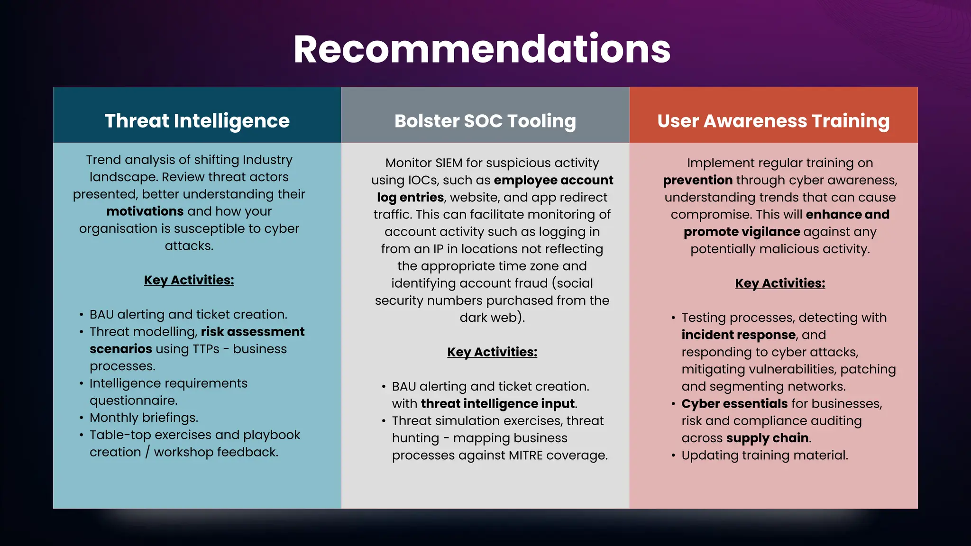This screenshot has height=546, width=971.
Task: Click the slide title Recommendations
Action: (x=482, y=49)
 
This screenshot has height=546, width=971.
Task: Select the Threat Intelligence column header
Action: (x=197, y=121)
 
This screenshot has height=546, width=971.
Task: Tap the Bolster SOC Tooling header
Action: (x=485, y=121)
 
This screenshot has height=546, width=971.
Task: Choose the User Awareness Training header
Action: (x=773, y=121)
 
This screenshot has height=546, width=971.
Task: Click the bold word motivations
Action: (x=145, y=211)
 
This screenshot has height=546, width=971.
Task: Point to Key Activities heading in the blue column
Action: (x=189, y=280)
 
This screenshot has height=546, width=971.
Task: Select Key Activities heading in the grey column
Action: (x=492, y=352)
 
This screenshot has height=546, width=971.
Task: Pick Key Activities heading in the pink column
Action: (x=780, y=283)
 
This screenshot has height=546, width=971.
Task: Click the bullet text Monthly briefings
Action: (x=144, y=418)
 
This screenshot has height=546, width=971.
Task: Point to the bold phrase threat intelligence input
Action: (x=497, y=404)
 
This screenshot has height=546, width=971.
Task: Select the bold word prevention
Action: (x=697, y=181)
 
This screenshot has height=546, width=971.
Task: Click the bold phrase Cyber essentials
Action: (x=734, y=404)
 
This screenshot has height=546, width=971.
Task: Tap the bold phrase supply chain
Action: (x=767, y=438)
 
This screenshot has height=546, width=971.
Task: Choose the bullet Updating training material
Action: (x=764, y=455)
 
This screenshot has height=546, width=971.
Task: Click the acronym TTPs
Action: (x=206, y=349)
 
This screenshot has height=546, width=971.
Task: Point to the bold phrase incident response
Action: (x=738, y=335)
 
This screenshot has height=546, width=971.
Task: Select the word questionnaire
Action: (x=133, y=400)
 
